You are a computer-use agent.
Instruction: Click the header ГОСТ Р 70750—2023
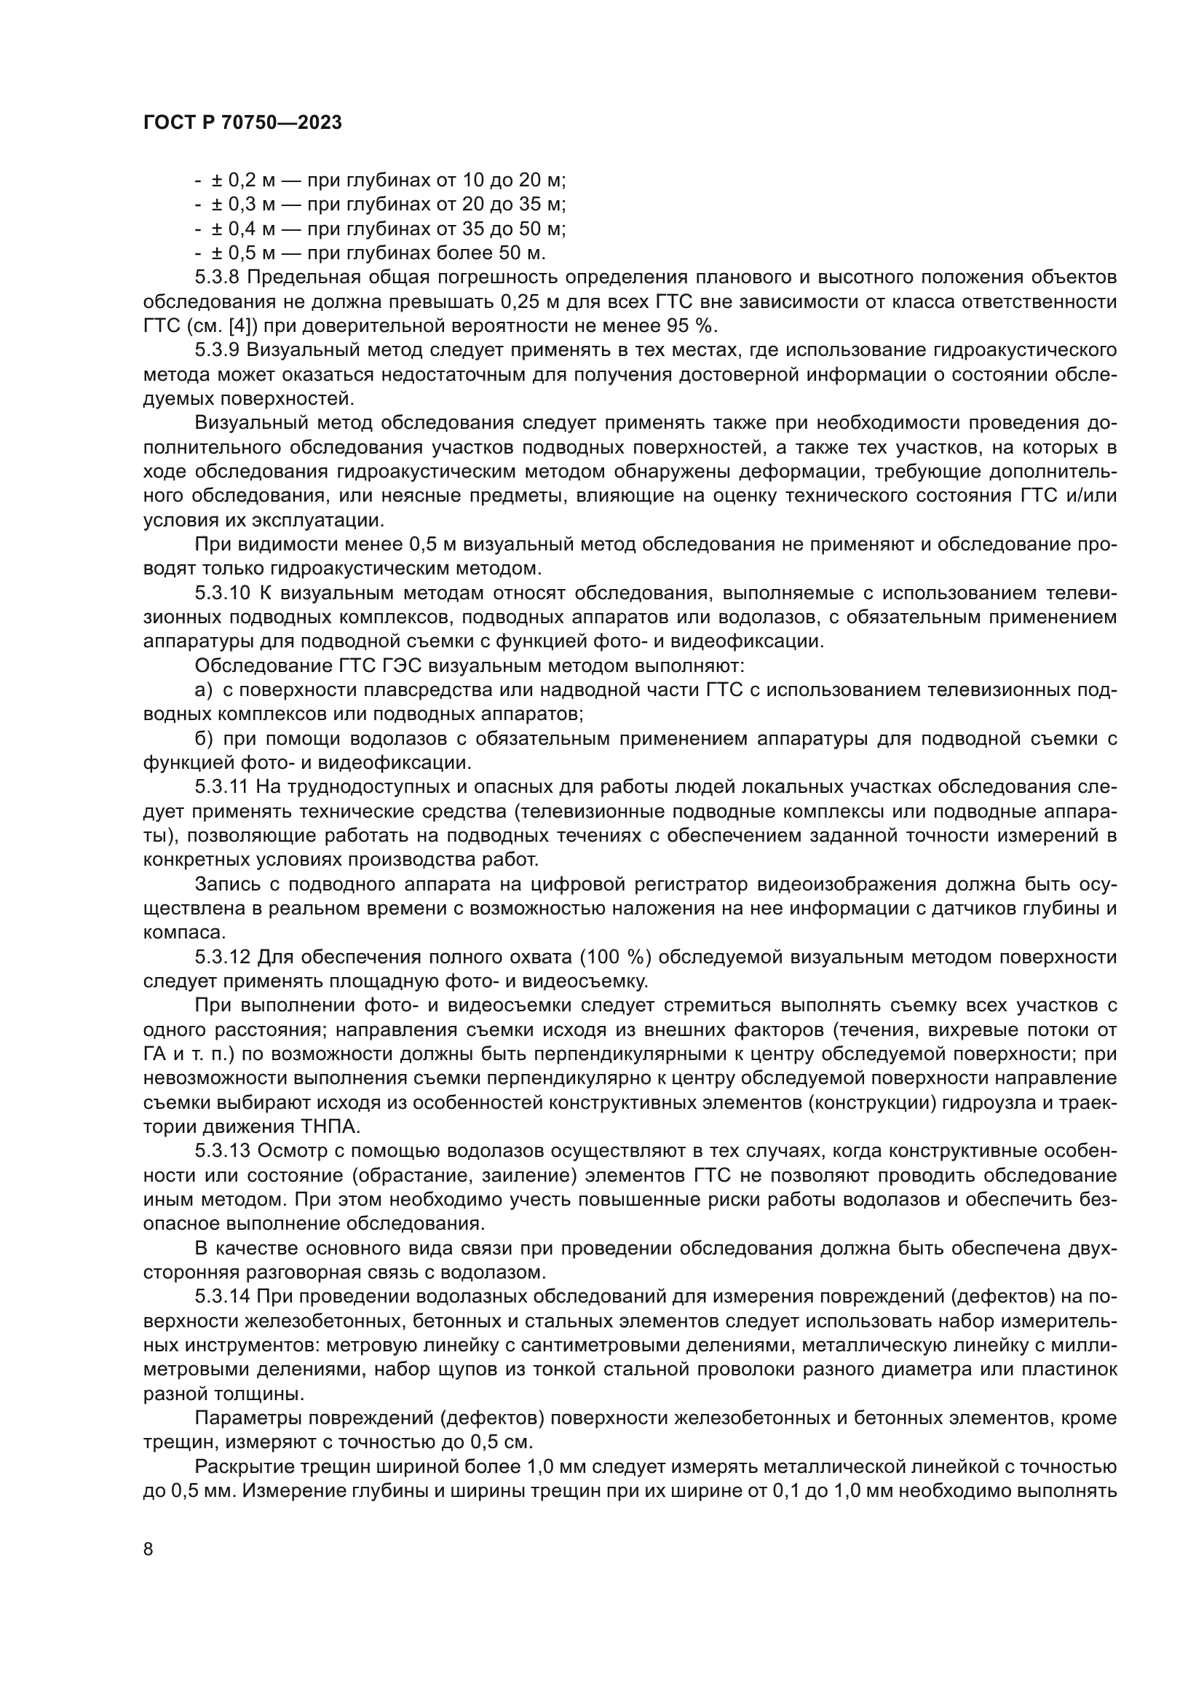click(x=242, y=123)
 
